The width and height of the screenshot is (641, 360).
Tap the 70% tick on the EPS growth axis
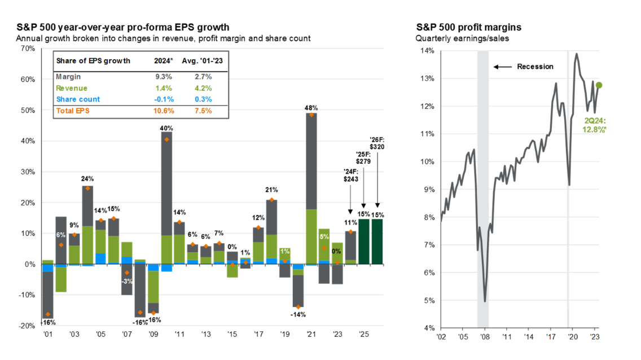(x=27, y=49)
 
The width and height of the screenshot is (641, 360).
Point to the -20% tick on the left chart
(x=26, y=326)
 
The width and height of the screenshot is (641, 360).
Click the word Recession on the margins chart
(x=535, y=67)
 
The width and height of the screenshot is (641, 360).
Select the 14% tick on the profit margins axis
(x=426, y=51)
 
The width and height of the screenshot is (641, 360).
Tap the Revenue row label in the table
(x=71, y=88)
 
